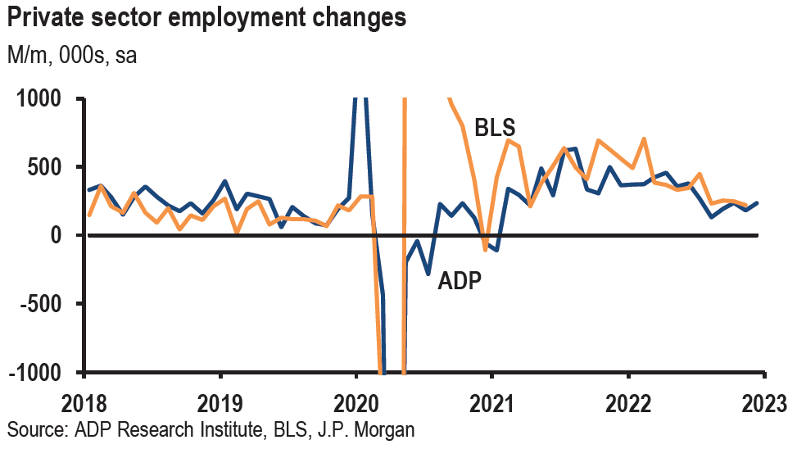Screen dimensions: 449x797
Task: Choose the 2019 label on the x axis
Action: tap(220, 404)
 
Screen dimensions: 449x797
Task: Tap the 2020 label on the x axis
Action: tap(355, 404)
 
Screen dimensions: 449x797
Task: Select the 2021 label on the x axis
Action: tap(491, 404)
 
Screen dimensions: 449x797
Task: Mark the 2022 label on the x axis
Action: tap(627, 404)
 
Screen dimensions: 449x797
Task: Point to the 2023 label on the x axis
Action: tap(762, 404)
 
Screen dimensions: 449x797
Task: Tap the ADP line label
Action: tap(459, 281)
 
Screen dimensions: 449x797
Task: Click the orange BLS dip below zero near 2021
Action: tap(486, 248)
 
